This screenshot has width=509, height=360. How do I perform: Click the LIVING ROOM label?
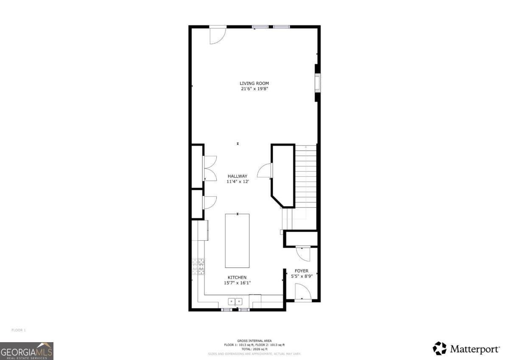point(254,83)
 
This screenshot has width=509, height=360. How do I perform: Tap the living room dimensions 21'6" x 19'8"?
point(254,89)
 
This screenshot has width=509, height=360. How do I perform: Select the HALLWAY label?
point(237,176)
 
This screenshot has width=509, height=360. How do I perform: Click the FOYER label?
point(302,271)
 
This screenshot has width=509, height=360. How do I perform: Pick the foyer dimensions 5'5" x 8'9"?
point(302,276)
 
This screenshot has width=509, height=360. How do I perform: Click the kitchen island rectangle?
point(237,240)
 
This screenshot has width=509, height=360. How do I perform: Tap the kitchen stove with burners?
point(198,267)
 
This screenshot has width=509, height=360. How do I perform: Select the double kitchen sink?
point(235,301)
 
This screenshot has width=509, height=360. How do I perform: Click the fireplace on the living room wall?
point(317,83)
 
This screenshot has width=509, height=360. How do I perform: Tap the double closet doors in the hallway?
point(210,168)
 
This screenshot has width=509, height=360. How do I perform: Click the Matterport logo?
point(466,349)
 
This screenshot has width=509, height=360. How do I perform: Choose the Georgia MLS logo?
point(27,351)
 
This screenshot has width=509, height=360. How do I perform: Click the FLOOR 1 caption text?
point(19,330)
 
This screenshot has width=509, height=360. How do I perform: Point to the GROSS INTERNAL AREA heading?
point(254,340)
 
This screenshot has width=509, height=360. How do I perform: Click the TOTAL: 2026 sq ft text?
point(254,349)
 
